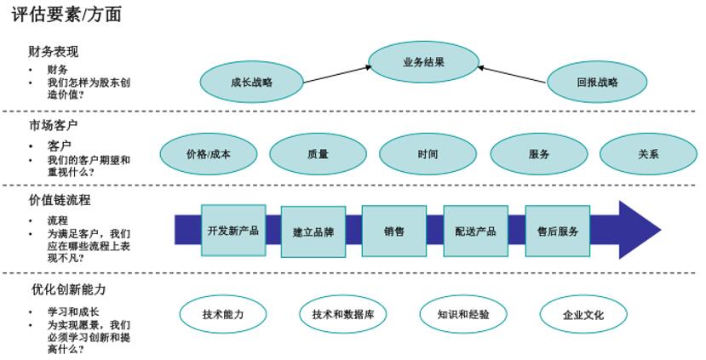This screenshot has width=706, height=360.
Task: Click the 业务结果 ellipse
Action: tap(423, 62)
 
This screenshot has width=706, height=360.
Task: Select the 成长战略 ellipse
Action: tap(251, 83)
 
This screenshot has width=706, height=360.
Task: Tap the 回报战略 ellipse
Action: tap(597, 83)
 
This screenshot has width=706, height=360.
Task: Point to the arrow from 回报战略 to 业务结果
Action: tap(511, 74)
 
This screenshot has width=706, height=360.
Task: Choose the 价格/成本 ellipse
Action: tap(208, 155)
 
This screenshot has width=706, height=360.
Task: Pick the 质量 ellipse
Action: tap(318, 155)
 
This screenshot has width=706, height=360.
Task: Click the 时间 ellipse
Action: tap(428, 155)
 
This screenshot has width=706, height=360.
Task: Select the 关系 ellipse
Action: tap(648, 155)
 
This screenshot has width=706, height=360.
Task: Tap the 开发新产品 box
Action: tap(233, 231)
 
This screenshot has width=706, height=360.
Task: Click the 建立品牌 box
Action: tap(313, 231)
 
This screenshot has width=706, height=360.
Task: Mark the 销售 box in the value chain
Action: tap(393, 231)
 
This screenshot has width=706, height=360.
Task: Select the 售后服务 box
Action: tap(558, 231)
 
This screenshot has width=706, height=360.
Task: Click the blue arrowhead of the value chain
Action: tap(639, 230)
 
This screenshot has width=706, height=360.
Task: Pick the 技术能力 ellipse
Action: tap(223, 314)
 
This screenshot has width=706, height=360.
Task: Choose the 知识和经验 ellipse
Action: tap(463, 314)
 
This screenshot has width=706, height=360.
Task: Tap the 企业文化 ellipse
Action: tap(583, 315)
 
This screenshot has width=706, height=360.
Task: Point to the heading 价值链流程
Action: tap(60, 200)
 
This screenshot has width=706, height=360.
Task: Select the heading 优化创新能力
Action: tap(69, 289)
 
